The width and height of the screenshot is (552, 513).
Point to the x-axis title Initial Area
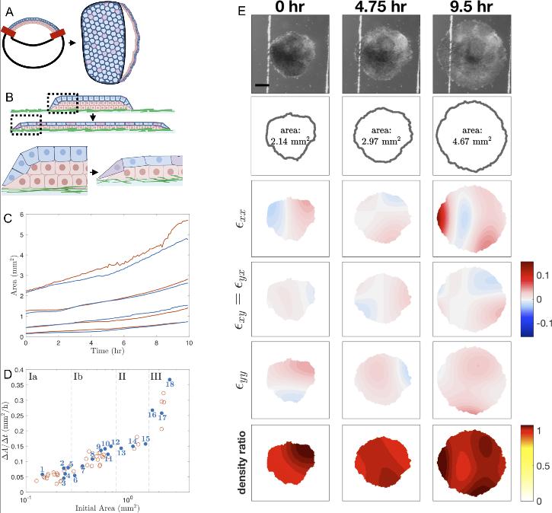(104, 506)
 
